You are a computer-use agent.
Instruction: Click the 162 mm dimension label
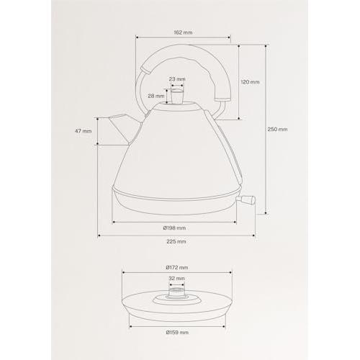coord(183,32)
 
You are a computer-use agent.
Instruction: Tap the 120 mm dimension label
coord(250,82)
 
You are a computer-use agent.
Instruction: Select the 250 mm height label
coord(277,129)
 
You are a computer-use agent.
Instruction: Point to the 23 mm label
coord(177,79)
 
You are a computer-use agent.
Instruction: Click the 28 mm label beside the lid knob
coord(156,96)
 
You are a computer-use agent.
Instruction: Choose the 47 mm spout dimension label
coord(83,131)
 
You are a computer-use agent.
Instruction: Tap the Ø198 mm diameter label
coord(174,228)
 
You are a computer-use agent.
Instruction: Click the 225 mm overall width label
coord(176,241)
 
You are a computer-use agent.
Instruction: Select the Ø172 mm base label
coord(177,268)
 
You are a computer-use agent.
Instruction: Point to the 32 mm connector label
coord(176,279)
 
